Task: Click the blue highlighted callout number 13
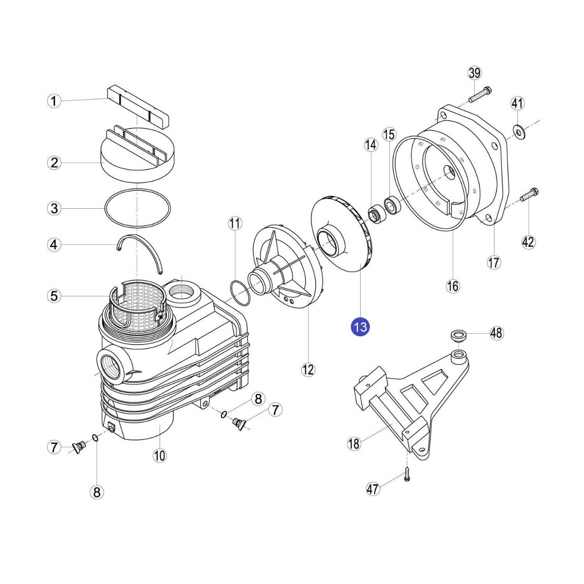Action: pyautogui.click(x=360, y=327)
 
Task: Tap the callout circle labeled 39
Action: pyautogui.click(x=474, y=73)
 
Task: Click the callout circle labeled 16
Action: pyautogui.click(x=453, y=285)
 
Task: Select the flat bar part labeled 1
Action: pyautogui.click(x=138, y=107)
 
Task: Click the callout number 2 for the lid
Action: pyautogui.click(x=54, y=163)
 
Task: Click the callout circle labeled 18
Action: pyautogui.click(x=354, y=444)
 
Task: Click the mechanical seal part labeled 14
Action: pyautogui.click(x=376, y=214)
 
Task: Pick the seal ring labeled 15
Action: pyautogui.click(x=393, y=205)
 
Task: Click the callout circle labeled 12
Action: pyautogui.click(x=308, y=370)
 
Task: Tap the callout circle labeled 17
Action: pyautogui.click(x=494, y=262)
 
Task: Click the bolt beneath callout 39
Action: pyautogui.click(x=480, y=94)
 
